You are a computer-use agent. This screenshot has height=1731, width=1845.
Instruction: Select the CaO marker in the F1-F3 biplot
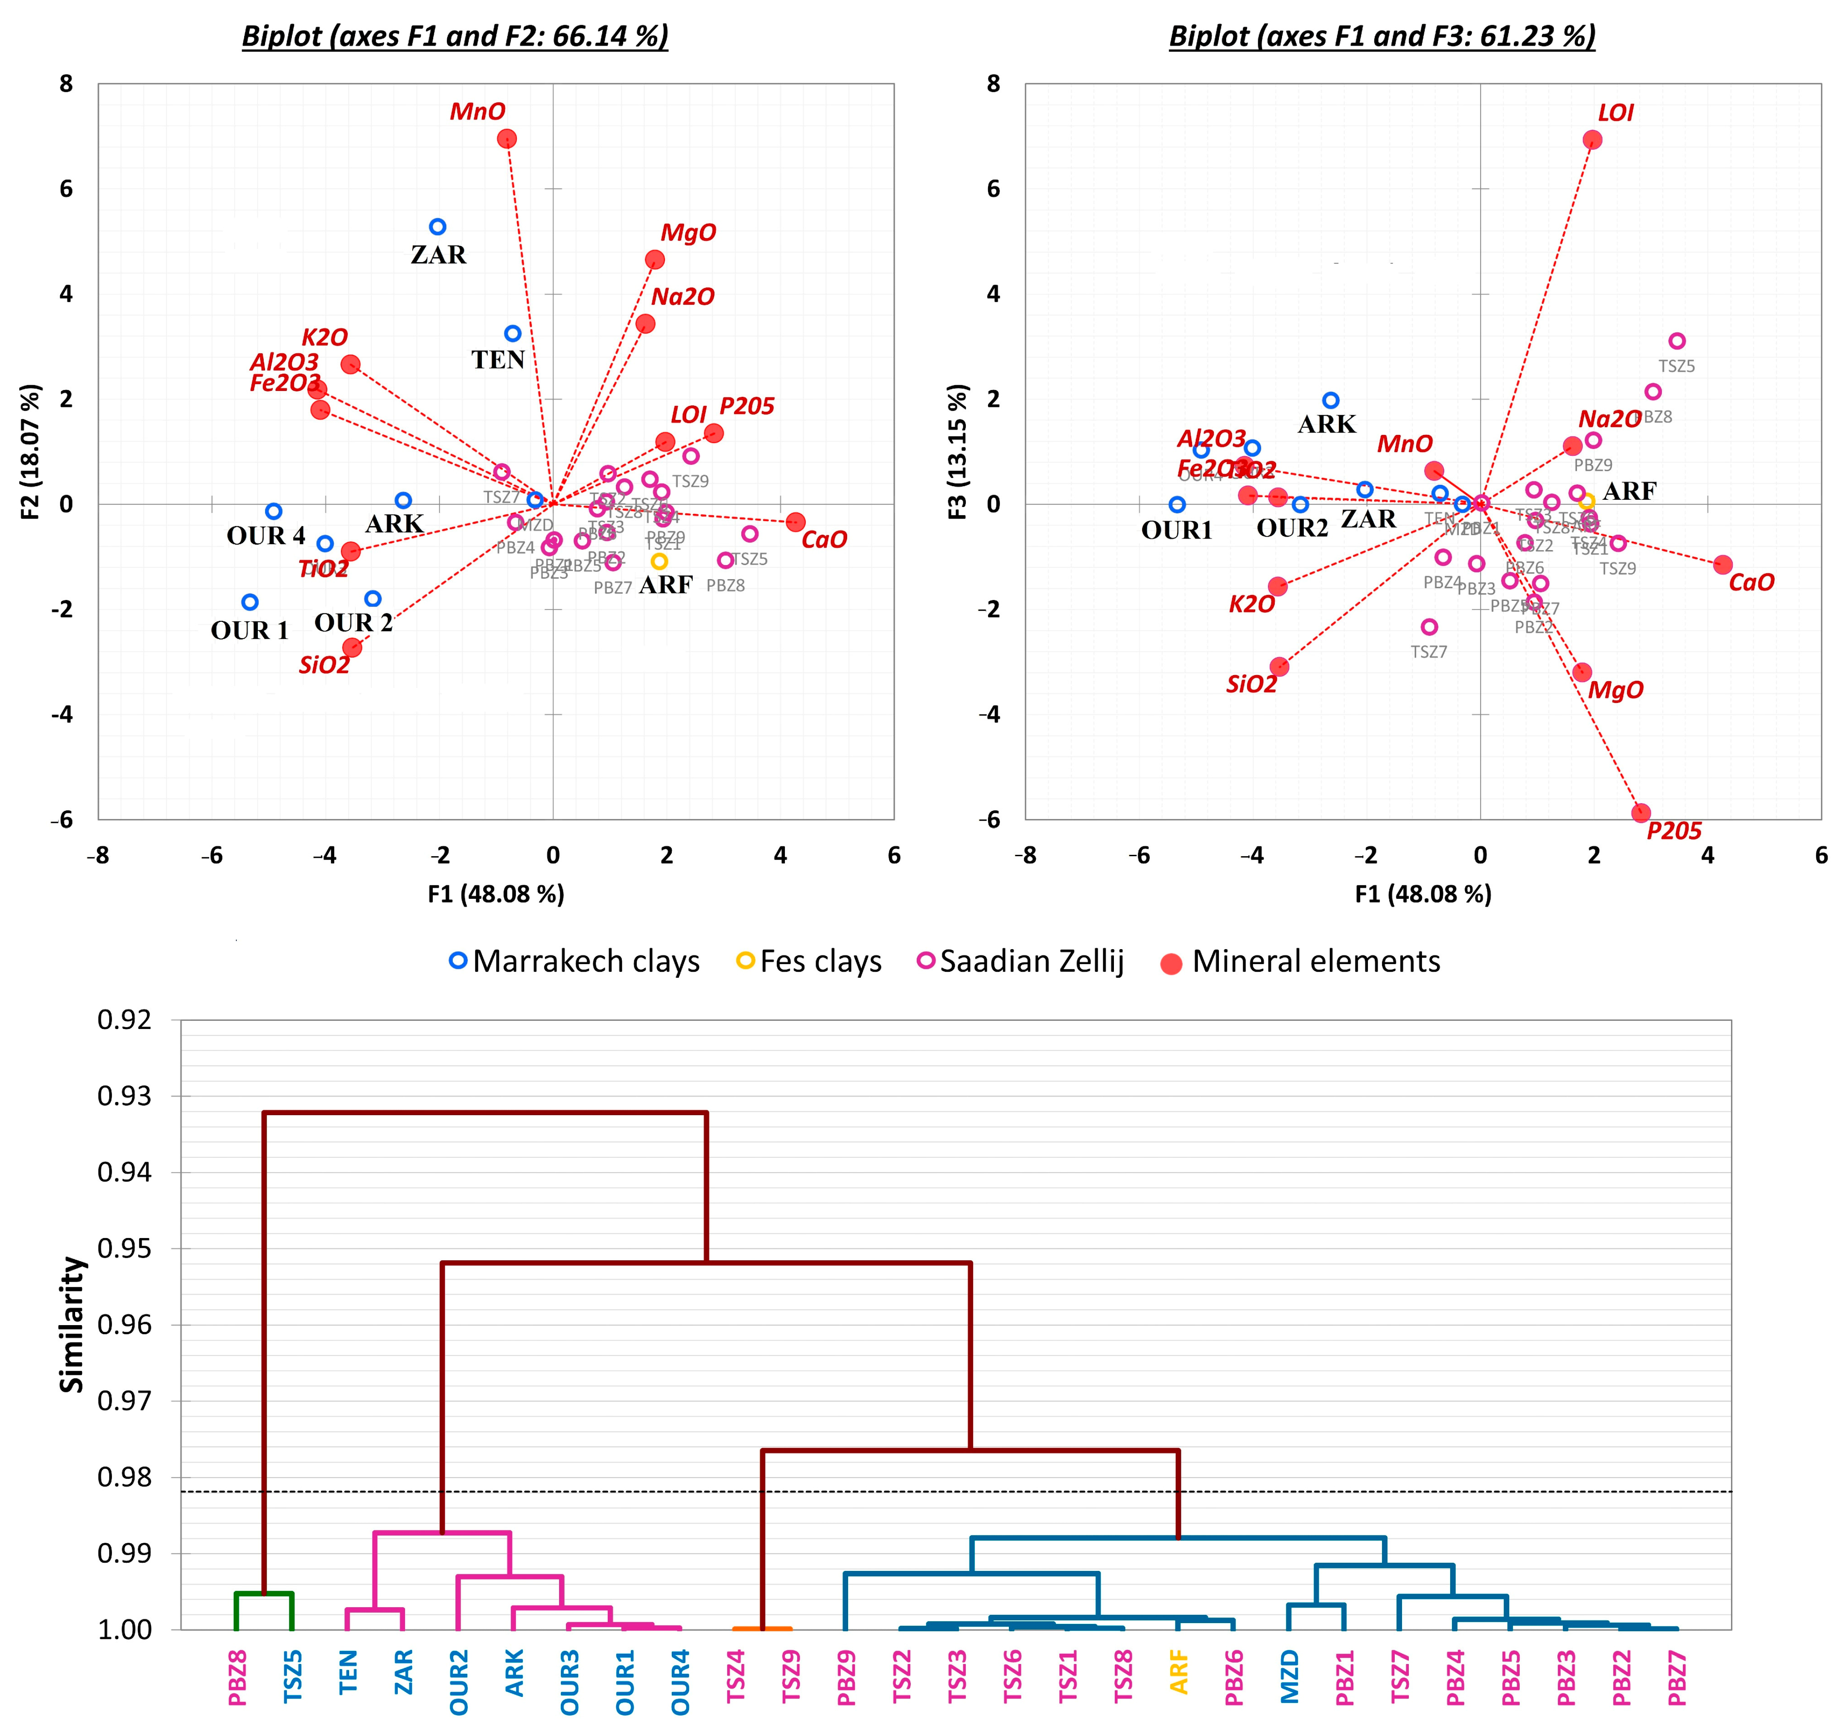click(1723, 564)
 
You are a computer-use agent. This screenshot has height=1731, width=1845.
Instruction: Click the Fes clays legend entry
click(809, 962)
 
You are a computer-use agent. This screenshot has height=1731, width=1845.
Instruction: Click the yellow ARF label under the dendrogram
click(1179, 1671)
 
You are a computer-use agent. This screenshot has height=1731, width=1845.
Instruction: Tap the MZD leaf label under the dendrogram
click(1289, 1676)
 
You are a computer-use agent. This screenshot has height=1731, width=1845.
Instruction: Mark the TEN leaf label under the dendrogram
click(348, 1671)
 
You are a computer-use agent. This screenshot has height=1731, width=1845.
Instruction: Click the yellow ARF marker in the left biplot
click(659, 562)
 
